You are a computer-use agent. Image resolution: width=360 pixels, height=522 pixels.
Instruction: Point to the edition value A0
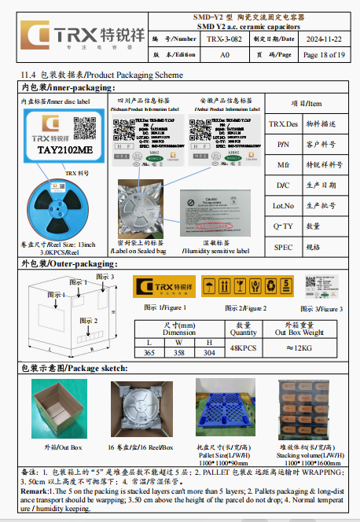tap(224, 55)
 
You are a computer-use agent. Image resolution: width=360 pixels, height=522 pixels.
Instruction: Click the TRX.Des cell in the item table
tap(283, 124)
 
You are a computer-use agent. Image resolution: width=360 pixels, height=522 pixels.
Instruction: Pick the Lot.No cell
tap(283, 206)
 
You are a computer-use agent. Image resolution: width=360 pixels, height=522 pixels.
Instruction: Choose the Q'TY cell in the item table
tap(283, 226)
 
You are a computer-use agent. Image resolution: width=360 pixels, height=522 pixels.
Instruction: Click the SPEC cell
tap(283, 246)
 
